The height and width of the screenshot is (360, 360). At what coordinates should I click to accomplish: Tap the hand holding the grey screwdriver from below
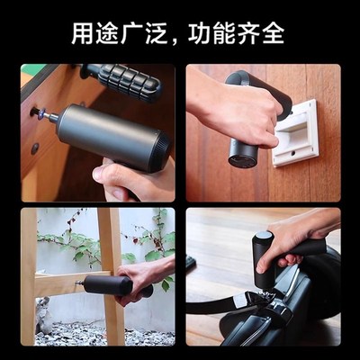tap(135, 180)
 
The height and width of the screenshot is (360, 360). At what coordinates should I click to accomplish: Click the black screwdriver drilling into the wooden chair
tap(112, 285)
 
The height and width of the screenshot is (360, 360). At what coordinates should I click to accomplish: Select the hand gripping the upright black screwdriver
tap(292, 238)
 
